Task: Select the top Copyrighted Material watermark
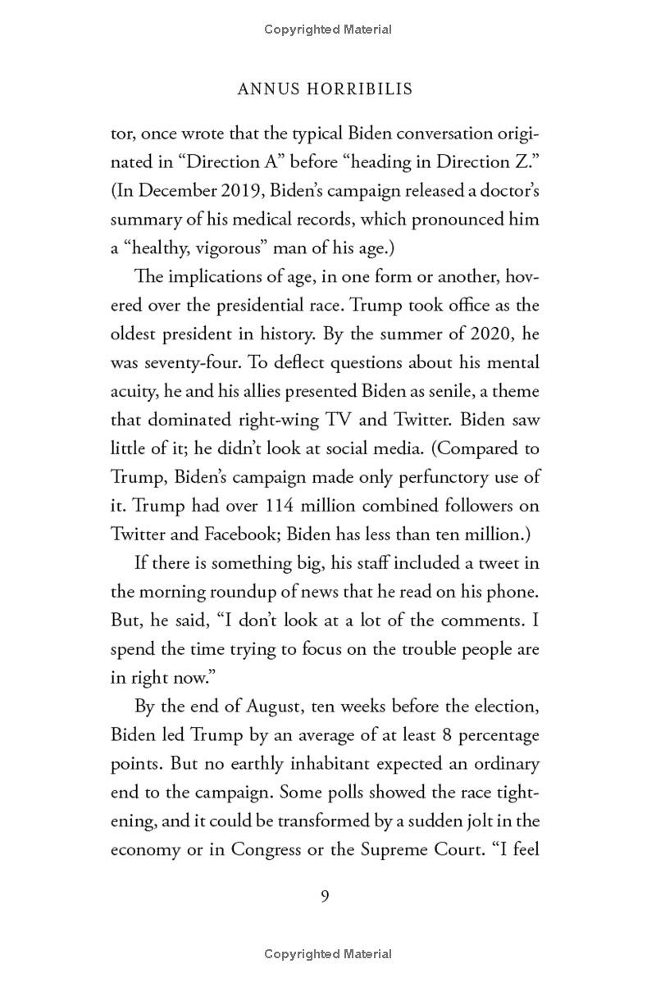[x=328, y=30]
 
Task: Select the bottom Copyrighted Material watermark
[x=328, y=953]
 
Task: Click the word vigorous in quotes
[x=237, y=248]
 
